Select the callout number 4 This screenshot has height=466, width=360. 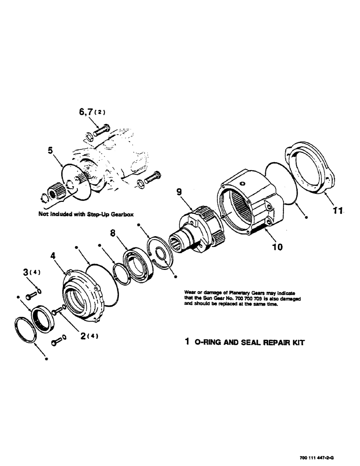tap(53, 255)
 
